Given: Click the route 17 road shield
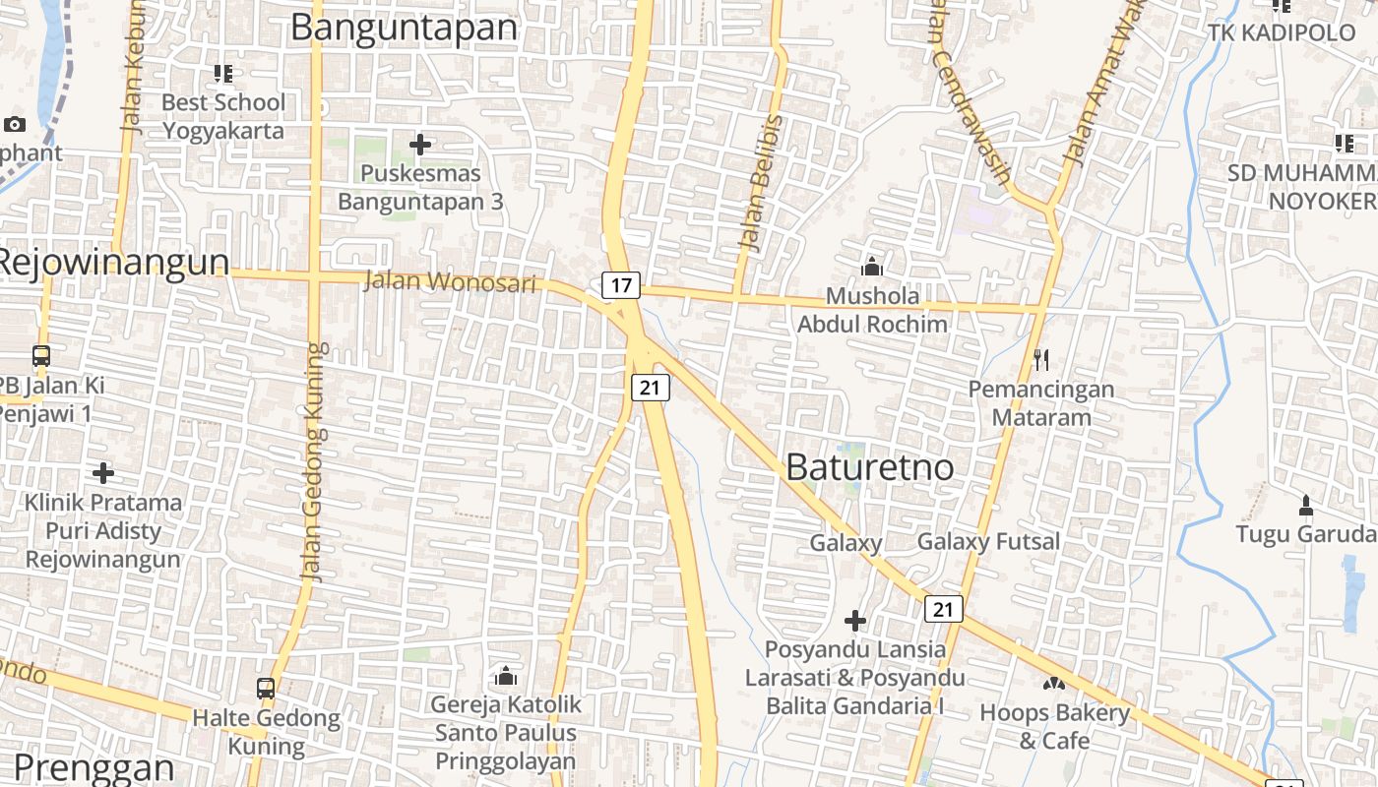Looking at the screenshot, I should point(621,286).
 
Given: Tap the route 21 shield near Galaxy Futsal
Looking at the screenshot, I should point(943,610).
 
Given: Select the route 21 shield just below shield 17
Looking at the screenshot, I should point(650,388).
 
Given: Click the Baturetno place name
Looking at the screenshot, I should point(870,467).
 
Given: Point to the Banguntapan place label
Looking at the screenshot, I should point(404,28).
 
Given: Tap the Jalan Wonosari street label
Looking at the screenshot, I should point(451,282).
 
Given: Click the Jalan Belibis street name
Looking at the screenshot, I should point(760,184).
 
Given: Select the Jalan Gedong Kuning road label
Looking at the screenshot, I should point(315,462).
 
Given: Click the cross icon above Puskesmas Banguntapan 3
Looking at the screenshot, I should point(420,145).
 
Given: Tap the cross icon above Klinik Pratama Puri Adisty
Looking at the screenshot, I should point(103,473).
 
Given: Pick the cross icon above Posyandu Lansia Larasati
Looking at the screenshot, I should point(855,621).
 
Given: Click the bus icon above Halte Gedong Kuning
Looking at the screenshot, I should point(266,689).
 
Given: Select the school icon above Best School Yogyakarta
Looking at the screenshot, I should point(223,73).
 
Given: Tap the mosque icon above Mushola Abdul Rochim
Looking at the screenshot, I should point(871,267).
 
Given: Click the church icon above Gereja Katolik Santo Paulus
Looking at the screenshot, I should point(506,676).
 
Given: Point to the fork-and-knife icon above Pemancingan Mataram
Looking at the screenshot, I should point(1041,360).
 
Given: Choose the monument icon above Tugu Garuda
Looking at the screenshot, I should point(1305,506).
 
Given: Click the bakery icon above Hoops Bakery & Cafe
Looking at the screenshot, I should point(1054,683).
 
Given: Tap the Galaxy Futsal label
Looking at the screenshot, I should point(988,542).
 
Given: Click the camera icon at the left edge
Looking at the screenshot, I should point(15,124).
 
